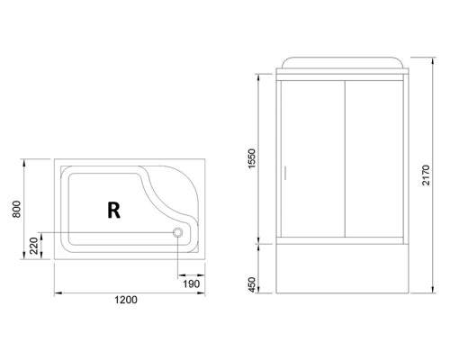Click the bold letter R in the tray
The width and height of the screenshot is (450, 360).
[x=113, y=210]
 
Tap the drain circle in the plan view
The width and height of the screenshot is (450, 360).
[x=177, y=232]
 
